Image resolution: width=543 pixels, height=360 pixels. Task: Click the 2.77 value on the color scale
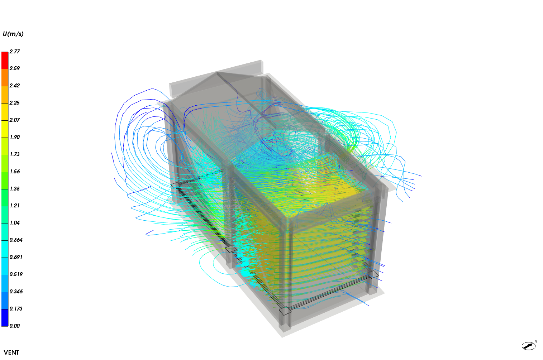15,51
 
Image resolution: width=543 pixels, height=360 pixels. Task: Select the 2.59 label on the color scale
15,68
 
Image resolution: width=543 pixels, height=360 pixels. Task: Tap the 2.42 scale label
15,86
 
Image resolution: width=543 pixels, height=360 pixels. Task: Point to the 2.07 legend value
15,120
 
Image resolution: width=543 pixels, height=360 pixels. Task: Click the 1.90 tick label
15,137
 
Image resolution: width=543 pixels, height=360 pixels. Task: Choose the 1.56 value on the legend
15,172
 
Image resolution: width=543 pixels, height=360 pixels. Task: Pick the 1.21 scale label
15,206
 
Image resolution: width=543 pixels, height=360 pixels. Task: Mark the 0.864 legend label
16,240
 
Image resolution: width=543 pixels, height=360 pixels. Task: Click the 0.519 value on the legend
16,274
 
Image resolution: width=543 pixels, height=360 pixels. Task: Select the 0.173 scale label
16,309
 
